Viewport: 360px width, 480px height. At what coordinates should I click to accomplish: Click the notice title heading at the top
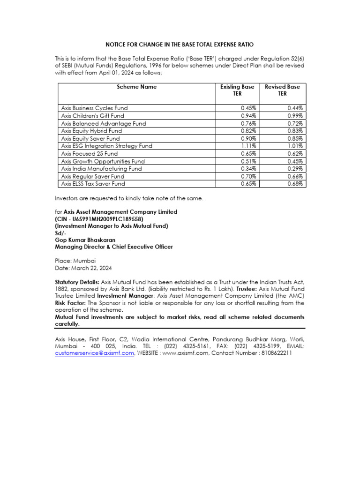180,45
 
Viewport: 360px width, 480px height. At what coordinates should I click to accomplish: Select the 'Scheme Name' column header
136,87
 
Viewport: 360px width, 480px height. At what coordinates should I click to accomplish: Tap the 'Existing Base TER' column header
237,90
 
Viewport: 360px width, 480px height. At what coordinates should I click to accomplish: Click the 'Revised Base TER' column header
282,90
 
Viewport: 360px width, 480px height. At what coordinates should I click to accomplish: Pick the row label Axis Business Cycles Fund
94,108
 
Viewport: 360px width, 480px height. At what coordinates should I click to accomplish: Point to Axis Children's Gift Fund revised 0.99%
295,116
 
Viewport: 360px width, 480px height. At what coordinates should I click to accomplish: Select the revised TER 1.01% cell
295,146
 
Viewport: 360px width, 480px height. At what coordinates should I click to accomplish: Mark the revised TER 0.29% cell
295,169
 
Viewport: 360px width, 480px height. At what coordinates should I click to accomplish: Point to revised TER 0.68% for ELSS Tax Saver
295,184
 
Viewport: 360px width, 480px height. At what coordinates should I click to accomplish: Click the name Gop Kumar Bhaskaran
85,240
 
